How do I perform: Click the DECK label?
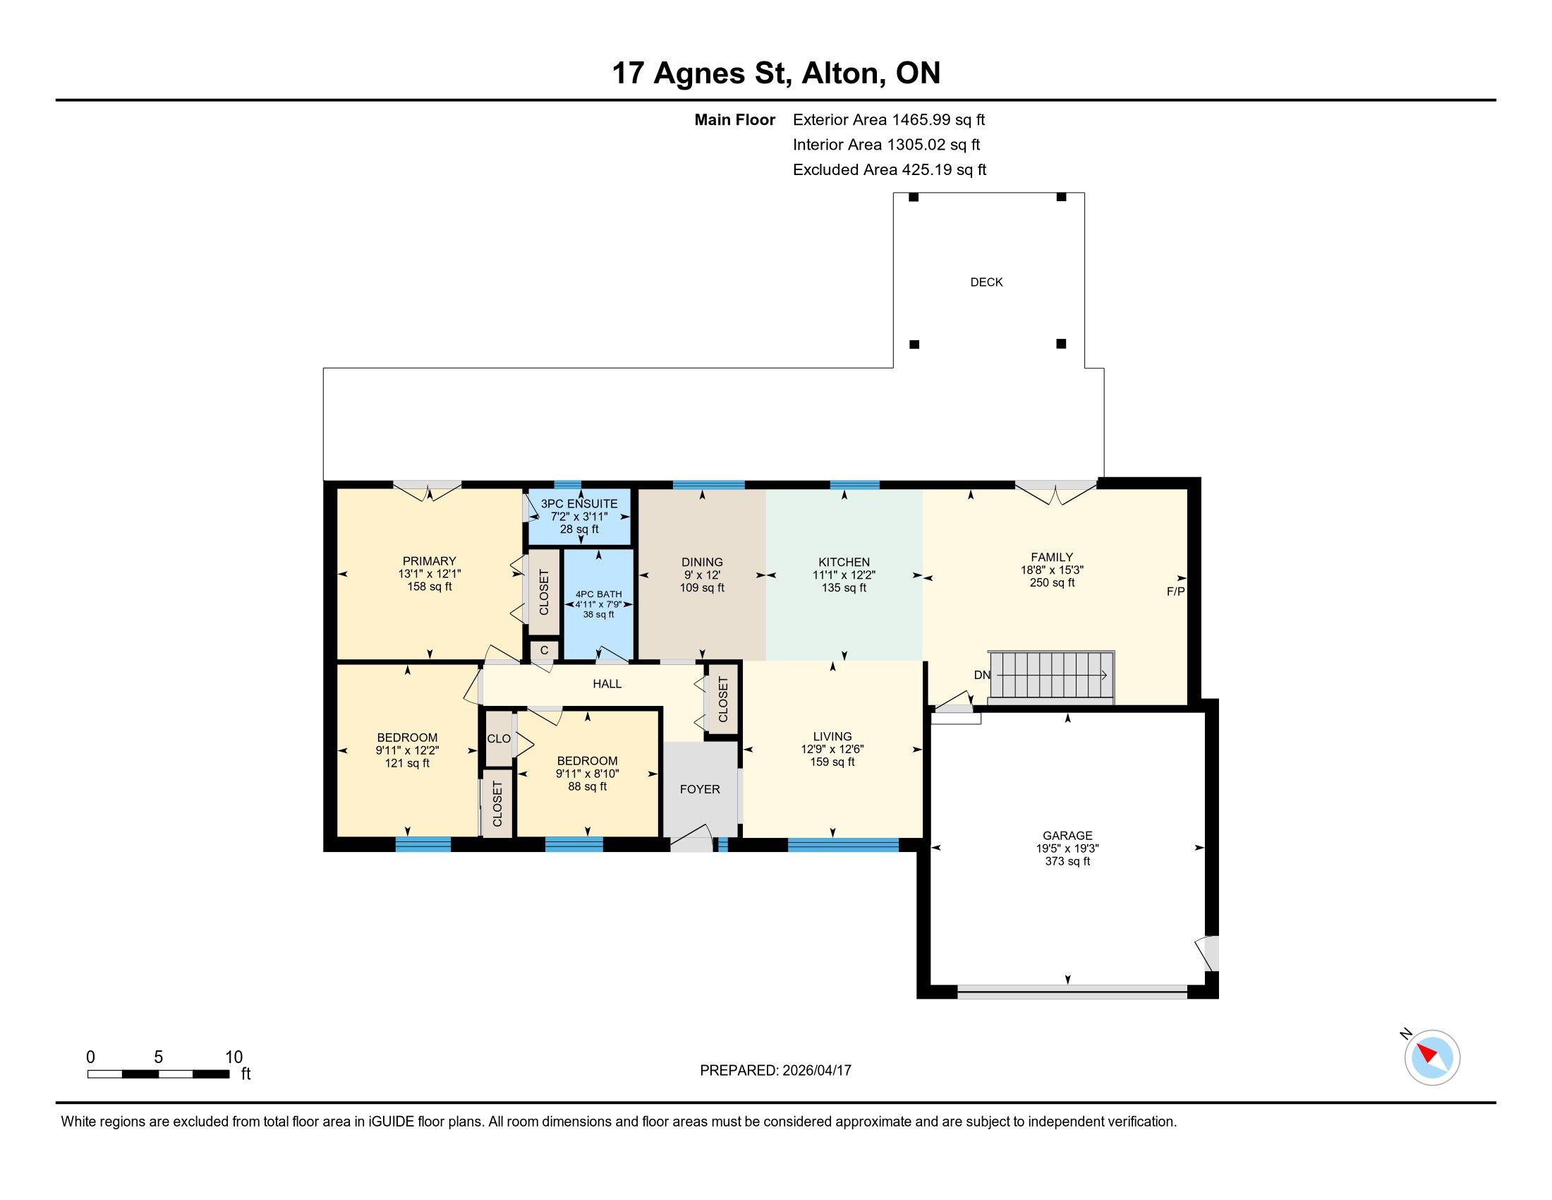coord(986,282)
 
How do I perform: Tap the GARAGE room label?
coord(1067,835)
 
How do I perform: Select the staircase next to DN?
coord(1053,676)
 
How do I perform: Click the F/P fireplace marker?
coord(1175,591)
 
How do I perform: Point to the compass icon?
coord(1432,1057)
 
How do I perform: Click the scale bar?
coord(158,1074)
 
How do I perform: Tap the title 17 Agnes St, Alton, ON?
coord(776,73)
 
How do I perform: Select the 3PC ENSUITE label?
coord(579,503)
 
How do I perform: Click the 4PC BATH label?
coord(598,594)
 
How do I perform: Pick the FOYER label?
coord(700,789)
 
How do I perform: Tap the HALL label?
coord(607,684)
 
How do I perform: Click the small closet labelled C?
coord(545,649)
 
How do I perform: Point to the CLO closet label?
coord(499,738)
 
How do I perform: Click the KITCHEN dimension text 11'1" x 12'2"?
coord(844,575)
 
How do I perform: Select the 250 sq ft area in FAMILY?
coord(1052,583)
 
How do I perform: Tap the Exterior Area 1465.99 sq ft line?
coord(889,120)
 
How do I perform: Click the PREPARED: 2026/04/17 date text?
coord(775,1071)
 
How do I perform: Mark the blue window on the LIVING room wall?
coord(843,845)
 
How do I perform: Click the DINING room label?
coord(702,563)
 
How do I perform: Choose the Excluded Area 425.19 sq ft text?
coord(890,170)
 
